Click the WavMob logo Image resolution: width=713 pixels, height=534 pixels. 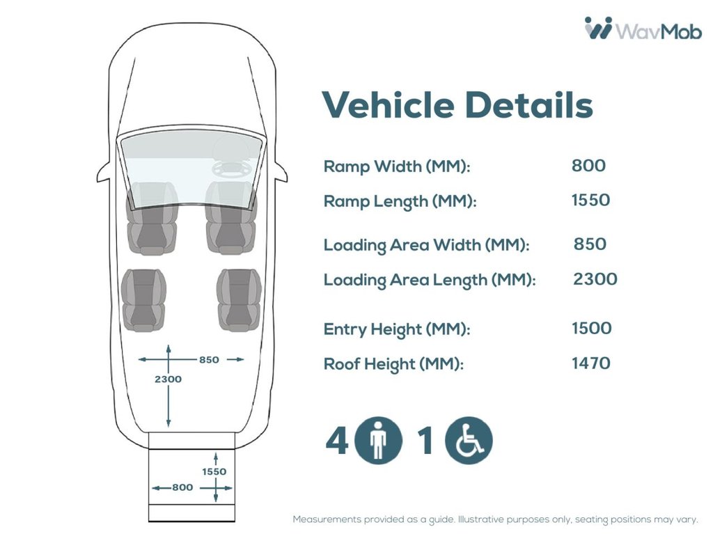click(643, 29)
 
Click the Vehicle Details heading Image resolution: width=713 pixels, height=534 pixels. click(457, 104)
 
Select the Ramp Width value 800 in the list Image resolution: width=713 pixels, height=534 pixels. click(588, 166)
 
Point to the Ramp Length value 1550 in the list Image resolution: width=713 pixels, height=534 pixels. click(590, 200)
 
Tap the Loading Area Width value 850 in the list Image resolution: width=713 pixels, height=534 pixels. click(590, 244)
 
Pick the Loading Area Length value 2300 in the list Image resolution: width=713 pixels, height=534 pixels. click(595, 278)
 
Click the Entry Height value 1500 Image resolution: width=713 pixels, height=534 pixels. click(592, 328)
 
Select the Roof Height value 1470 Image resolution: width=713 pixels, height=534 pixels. click(590, 363)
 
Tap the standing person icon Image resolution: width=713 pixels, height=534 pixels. click(378, 440)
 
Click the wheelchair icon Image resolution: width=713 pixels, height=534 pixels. click(469, 440)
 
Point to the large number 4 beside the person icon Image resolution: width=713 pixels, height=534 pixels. click(338, 440)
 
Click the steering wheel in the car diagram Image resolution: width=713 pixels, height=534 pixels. click(230, 168)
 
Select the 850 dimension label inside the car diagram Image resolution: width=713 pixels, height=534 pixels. click(209, 360)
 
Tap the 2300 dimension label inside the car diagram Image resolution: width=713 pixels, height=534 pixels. click(168, 379)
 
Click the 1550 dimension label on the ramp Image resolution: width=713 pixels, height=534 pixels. click(214, 471)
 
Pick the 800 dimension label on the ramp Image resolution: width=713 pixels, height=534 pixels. click(182, 487)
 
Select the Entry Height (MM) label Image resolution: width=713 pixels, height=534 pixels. click(396, 329)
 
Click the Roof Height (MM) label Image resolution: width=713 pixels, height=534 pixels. click(393, 364)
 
